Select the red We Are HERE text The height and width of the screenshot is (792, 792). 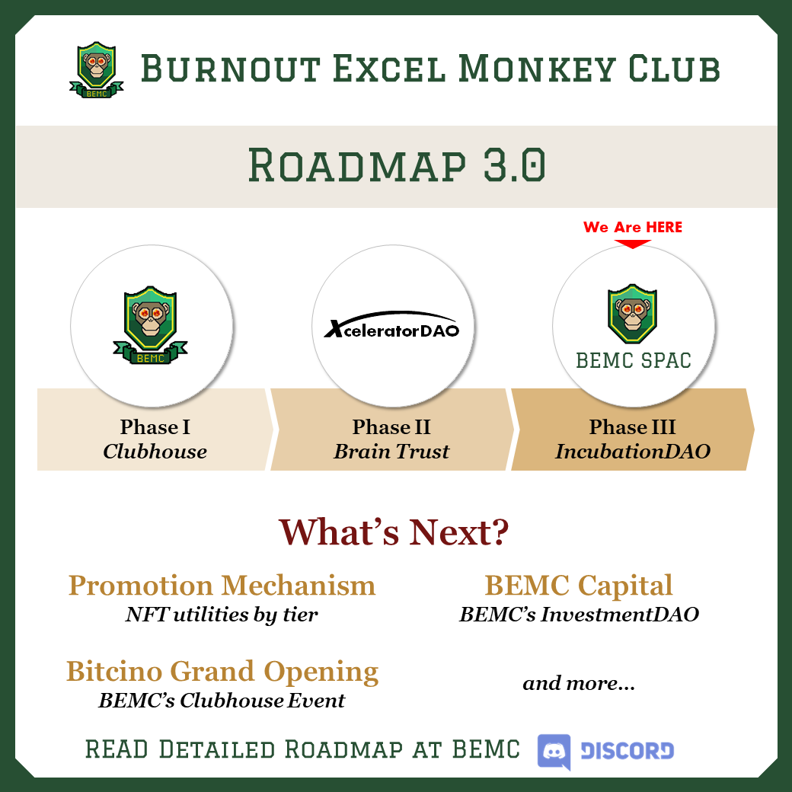633,227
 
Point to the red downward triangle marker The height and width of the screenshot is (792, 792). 633,244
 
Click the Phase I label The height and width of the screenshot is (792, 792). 155,426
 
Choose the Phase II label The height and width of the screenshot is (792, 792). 391,426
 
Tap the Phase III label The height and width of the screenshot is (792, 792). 632,426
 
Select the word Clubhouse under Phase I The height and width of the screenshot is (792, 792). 155,452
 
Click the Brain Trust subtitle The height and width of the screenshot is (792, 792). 391,452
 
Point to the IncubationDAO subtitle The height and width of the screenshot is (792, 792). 632,452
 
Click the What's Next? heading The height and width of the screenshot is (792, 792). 393,532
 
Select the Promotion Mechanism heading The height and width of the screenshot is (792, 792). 222,586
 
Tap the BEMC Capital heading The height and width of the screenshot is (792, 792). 579,586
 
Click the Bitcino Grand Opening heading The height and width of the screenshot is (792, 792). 222,672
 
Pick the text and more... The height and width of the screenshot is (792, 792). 579,683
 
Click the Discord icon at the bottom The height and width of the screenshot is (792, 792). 554,751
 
